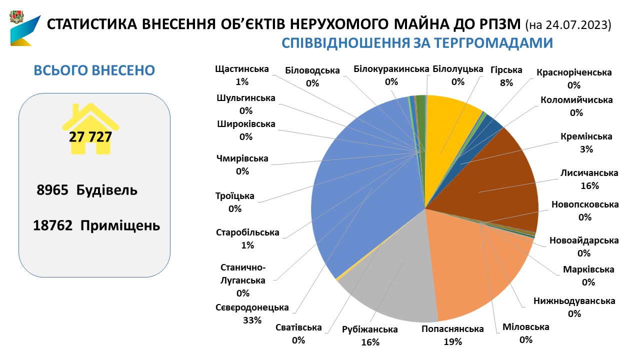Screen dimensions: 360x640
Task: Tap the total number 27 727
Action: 90,136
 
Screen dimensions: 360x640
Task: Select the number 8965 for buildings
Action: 52,190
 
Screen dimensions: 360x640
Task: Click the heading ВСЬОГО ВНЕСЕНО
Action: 94,70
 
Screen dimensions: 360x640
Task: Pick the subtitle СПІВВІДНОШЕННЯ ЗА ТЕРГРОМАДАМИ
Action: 417,43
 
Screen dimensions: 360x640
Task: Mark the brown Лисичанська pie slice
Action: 505,180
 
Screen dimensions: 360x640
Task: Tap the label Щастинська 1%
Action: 242,75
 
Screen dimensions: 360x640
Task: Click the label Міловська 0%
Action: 525,333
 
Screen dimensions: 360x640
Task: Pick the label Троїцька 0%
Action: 234,202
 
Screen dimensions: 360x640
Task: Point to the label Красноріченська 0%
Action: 573,78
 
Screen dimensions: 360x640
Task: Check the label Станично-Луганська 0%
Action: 242,280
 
